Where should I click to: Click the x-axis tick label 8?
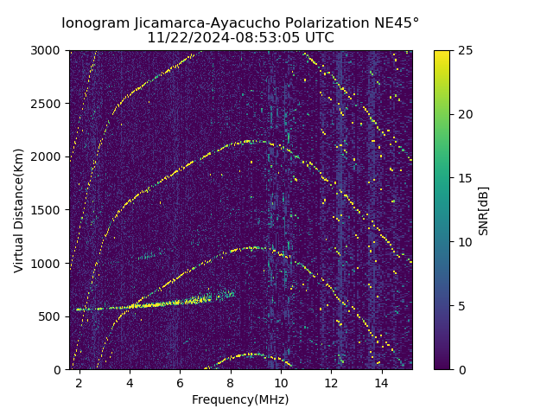pyautogui.click(x=231, y=382)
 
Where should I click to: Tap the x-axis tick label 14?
pyautogui.click(x=382, y=382)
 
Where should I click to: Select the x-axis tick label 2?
pyautogui.click(x=79, y=382)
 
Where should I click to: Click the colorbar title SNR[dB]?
pyautogui.click(x=484, y=210)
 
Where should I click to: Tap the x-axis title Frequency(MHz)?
pyautogui.click(x=240, y=399)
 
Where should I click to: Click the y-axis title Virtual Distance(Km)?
pyautogui.click(x=19, y=210)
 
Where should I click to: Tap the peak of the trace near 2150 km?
pyautogui.click(x=251, y=141)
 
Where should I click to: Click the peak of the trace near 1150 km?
pyautogui.click(x=252, y=247)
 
